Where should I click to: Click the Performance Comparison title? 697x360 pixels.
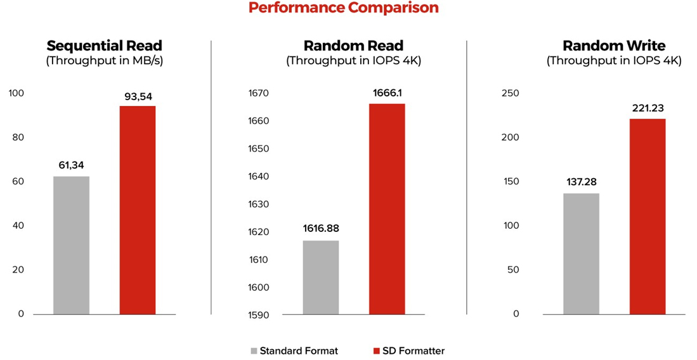click(x=343, y=8)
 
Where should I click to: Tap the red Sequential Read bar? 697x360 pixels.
click(x=137, y=210)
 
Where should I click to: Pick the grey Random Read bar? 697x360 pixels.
click(x=321, y=277)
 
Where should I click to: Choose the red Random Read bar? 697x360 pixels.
click(x=387, y=209)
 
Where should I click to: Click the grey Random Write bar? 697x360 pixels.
click(x=581, y=254)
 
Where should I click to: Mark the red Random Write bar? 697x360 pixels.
click(x=648, y=216)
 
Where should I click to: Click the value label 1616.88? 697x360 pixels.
click(x=321, y=228)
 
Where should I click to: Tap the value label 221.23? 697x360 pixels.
click(x=648, y=108)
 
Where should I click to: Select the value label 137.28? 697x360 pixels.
click(x=581, y=182)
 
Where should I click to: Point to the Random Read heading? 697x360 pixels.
click(x=353, y=46)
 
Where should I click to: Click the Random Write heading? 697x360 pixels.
click(x=614, y=46)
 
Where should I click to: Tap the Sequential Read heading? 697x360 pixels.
click(x=104, y=46)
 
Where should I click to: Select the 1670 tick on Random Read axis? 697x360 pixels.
click(x=259, y=94)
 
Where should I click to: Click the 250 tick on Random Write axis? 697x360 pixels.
click(x=510, y=94)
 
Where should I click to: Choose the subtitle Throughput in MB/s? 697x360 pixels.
click(x=104, y=61)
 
